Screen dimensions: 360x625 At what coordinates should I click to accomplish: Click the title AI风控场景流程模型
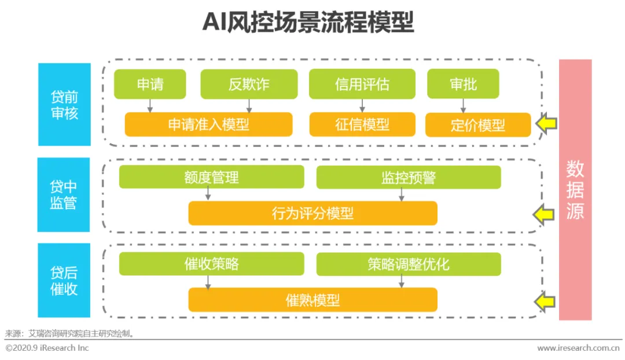308,23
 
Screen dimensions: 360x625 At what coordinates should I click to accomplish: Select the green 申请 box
150,85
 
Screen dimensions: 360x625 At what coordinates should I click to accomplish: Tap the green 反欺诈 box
249,85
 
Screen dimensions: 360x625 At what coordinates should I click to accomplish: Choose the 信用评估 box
362,85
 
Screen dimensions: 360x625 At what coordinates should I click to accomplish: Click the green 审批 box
463,85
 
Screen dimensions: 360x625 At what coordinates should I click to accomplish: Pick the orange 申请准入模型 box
208,124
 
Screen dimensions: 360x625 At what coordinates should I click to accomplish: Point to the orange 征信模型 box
362,124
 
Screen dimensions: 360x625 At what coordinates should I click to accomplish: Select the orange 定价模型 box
477,125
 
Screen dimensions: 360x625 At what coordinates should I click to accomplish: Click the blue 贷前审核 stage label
64,105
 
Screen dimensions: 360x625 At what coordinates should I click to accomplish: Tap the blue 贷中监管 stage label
64,194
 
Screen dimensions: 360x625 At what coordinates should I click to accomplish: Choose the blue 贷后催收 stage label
64,280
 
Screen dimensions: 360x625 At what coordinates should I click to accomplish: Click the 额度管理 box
211,177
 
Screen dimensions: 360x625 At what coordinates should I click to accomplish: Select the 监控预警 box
408,177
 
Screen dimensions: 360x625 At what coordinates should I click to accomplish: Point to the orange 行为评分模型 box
312,213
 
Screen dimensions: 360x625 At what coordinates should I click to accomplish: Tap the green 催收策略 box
211,264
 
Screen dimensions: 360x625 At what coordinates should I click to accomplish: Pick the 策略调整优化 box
408,264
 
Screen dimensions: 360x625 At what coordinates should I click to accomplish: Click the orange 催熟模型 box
312,300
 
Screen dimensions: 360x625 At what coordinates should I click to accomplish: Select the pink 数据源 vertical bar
575,190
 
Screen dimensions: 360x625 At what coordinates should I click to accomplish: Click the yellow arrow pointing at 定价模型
546,123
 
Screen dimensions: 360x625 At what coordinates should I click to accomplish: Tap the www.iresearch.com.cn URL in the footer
578,348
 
